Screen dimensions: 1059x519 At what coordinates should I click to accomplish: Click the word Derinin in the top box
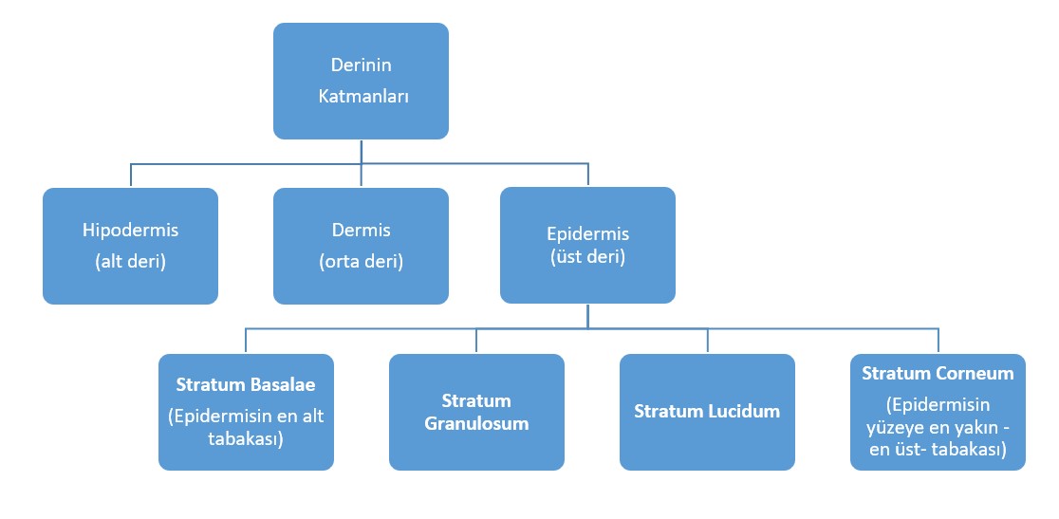[x=361, y=65]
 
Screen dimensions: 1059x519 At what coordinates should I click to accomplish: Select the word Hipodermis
[x=130, y=231]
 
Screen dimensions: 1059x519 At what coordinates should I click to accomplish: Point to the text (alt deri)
[x=130, y=261]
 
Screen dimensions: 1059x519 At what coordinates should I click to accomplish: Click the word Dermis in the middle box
[x=362, y=231]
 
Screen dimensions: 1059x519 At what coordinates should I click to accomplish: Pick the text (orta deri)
[x=362, y=261]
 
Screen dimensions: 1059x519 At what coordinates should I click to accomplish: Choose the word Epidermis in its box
[x=587, y=235]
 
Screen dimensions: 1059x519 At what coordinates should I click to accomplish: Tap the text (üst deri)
[x=587, y=258]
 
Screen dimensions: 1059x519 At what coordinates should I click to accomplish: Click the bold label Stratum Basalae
[x=246, y=384]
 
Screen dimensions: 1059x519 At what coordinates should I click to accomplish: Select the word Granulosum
[x=476, y=424]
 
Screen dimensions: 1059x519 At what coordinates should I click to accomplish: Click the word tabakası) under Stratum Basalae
[x=246, y=439]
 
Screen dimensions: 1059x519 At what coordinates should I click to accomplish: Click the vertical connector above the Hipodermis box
[x=130, y=175]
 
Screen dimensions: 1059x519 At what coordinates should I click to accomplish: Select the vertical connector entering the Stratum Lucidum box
[x=708, y=341]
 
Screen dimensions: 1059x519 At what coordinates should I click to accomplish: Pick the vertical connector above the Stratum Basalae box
[x=246, y=341]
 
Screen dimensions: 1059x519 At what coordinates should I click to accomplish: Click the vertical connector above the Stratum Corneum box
[x=938, y=341]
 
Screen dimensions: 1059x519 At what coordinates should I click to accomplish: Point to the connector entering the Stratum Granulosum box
[x=476, y=341]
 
